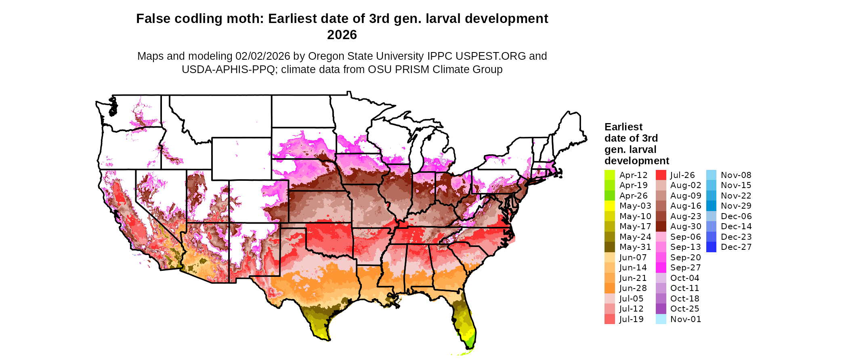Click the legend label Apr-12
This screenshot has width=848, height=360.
point(633,175)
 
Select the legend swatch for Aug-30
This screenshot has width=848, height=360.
point(661,226)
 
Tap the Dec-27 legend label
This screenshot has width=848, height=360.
point(736,247)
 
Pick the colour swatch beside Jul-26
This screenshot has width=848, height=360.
point(661,175)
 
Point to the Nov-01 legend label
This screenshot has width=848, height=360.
point(686,319)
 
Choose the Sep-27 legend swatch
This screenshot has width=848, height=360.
point(661,268)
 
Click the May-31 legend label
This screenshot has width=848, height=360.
point(635,247)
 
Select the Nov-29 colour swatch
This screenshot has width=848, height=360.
point(711,206)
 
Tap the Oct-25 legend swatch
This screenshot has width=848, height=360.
point(661,309)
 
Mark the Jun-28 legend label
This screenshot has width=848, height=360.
point(633,288)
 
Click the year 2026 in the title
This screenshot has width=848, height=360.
point(342,35)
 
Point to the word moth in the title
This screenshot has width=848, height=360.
point(246,19)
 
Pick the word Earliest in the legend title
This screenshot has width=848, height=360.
point(623,127)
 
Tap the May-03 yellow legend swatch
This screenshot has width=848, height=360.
point(610,206)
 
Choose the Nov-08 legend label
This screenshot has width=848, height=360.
point(736,175)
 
